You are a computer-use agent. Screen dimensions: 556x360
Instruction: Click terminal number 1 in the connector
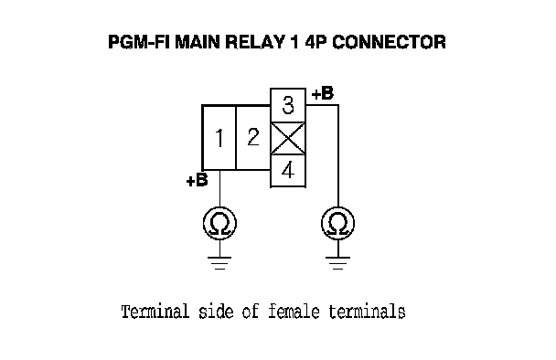[219, 137]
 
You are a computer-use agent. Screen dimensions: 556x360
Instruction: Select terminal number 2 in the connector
[253, 137]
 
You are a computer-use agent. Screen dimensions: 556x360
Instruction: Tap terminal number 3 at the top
[288, 105]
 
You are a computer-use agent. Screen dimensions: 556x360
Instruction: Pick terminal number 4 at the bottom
[288, 171]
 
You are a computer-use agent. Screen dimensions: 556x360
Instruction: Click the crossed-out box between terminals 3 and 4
[288, 138]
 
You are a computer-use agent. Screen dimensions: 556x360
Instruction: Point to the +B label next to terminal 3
[323, 93]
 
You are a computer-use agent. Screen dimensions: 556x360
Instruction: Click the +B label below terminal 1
[197, 180]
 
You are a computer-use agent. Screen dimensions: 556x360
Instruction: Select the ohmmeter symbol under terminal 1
[219, 224]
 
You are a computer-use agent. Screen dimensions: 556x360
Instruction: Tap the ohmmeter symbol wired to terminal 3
[338, 224]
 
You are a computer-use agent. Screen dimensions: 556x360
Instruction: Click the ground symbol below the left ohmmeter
[219, 263]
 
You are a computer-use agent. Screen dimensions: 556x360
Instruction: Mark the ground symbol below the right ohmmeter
[338, 263]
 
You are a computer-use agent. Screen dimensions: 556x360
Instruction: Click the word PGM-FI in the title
[139, 42]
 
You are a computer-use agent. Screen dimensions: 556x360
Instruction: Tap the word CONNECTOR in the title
[389, 42]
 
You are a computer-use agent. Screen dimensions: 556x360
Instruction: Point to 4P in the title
[316, 42]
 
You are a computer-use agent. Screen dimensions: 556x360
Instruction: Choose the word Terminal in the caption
[155, 312]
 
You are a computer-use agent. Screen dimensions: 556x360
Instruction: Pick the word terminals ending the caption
[367, 312]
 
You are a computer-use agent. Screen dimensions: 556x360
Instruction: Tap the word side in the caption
[216, 312]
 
